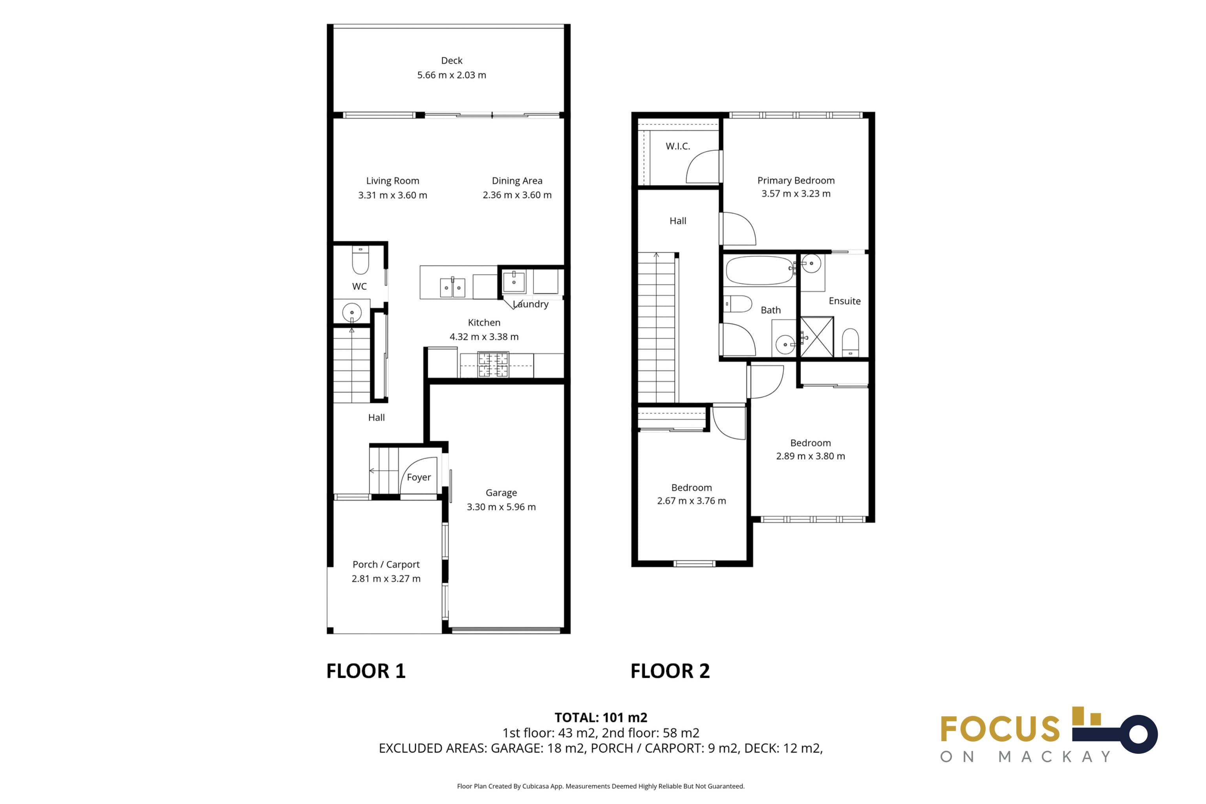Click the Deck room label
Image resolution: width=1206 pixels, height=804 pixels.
[452, 60]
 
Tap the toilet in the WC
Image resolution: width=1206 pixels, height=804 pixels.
[361, 260]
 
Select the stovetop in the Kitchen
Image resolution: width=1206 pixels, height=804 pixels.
[493, 364]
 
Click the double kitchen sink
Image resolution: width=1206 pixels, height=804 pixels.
[452, 287]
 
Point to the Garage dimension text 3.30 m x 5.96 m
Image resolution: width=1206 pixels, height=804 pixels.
[501, 507]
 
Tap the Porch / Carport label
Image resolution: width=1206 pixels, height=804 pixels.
[386, 564]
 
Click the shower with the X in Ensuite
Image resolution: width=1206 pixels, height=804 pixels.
[817, 337]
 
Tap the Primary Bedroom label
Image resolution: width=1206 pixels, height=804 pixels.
[796, 181]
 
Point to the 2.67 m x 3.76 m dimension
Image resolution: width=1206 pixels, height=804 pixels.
[692, 501]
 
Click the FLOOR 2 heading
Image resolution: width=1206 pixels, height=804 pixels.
[670, 671]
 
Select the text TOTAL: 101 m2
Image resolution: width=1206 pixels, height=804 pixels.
[601, 717]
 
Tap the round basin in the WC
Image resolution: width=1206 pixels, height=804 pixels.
[351, 312]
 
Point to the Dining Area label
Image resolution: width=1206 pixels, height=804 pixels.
[517, 181]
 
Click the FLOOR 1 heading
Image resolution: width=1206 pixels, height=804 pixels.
[366, 671]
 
